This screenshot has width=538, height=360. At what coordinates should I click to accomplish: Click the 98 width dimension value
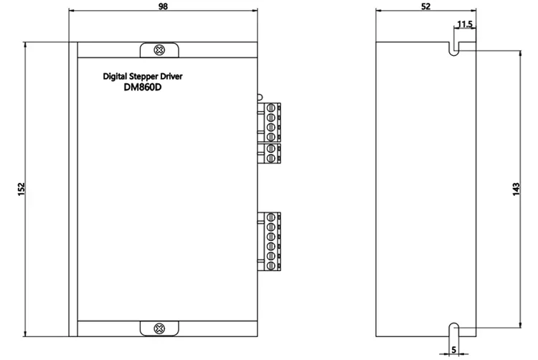coord(163,6)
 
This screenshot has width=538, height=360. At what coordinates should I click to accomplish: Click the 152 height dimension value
coord(22,189)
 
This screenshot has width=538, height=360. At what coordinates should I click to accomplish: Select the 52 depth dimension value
coord(425,6)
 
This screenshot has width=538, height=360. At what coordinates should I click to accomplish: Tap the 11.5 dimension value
coord(465,24)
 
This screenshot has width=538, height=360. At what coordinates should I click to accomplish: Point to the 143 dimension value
coord(516,189)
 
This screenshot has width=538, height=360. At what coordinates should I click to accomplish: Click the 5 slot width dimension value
coord(454,350)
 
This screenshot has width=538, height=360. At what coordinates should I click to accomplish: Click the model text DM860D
coord(143,87)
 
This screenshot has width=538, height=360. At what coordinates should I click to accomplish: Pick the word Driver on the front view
coord(171,76)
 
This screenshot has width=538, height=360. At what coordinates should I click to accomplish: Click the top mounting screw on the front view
coord(159,50)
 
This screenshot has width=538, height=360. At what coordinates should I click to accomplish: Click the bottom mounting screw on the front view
coord(159,328)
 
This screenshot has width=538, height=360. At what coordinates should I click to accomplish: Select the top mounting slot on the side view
coord(454,49)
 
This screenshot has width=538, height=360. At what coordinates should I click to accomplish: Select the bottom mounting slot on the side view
coord(454,330)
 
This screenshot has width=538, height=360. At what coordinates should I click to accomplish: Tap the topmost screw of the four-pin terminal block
coord(270,108)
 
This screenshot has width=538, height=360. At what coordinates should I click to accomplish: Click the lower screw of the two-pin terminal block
coord(270,158)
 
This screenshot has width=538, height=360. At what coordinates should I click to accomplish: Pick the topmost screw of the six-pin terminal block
coord(270,217)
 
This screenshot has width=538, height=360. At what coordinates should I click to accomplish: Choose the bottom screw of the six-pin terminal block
coord(270,265)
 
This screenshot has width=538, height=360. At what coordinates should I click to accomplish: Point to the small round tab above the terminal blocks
coord(260,98)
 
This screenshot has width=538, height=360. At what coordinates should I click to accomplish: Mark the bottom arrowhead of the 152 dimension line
coord(25,333)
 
